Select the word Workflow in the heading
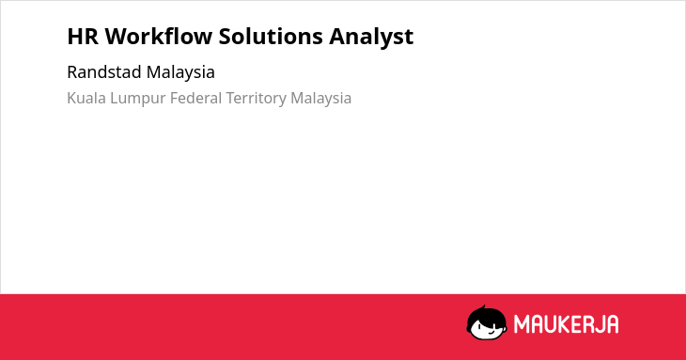[x=159, y=36]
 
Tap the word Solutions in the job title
[x=271, y=36]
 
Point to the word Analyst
[x=371, y=37]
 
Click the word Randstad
[x=104, y=72]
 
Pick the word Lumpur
[x=138, y=99]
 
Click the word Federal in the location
[x=196, y=98]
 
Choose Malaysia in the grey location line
[x=320, y=99]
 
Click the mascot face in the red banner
[x=487, y=323]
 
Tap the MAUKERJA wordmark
[x=566, y=324]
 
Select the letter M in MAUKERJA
[x=521, y=324]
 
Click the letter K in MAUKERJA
[x=560, y=324]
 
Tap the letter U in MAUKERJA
[x=548, y=324]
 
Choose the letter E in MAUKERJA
[x=573, y=324]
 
